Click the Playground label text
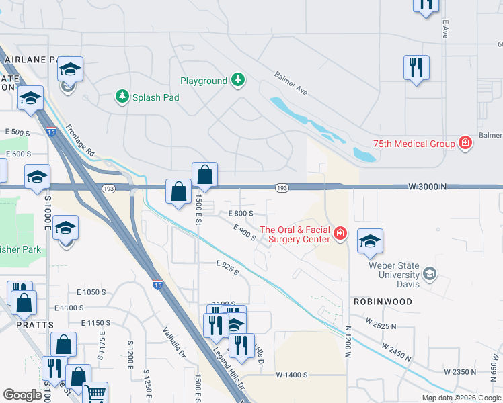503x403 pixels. [x=204, y=81]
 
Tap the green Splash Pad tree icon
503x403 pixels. [x=122, y=97]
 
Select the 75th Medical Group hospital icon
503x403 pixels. [x=464, y=142]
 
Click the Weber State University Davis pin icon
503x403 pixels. [x=429, y=273]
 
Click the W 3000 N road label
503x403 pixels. [x=428, y=186]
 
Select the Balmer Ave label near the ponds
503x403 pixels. [x=291, y=83]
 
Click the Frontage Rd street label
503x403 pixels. [x=80, y=140]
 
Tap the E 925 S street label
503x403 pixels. [x=228, y=268]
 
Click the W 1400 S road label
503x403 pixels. [x=291, y=374]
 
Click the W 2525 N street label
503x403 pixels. [x=381, y=324]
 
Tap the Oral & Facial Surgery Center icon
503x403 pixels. [x=340, y=233]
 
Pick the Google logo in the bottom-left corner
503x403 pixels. [x=22, y=395]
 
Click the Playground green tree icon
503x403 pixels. [x=237, y=81]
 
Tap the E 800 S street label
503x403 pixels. [x=240, y=213]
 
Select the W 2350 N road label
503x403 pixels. [x=460, y=371]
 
